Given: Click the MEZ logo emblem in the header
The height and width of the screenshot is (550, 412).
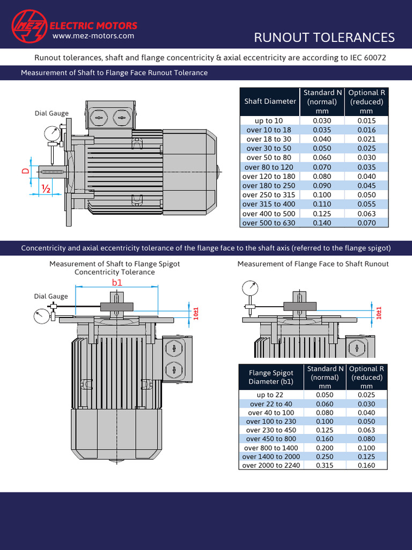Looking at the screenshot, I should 29,26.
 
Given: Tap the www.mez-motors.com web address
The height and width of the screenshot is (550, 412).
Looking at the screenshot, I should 93,36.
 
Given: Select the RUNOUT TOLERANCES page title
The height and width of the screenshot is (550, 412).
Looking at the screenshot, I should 324,37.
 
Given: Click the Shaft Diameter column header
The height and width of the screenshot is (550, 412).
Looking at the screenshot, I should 270,101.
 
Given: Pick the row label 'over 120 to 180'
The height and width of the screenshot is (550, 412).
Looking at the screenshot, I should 269,176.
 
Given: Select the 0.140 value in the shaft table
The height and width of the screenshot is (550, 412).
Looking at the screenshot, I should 322,223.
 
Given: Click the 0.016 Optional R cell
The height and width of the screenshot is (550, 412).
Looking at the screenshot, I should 366,130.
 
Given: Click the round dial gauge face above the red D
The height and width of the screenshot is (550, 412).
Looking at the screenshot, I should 52,133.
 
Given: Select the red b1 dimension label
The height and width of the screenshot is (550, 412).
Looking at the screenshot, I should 117,282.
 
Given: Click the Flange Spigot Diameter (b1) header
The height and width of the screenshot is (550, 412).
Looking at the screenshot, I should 271,377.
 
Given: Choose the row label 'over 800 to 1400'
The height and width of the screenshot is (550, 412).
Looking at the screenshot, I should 271,448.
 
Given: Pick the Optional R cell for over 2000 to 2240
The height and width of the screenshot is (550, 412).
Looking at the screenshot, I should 366,465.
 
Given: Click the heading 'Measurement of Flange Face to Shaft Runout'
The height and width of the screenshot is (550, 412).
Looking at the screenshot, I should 313,264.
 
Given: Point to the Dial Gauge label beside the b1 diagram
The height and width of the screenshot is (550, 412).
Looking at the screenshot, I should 51,296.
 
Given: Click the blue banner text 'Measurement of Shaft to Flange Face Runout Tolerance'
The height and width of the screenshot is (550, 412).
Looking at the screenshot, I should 114,73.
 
